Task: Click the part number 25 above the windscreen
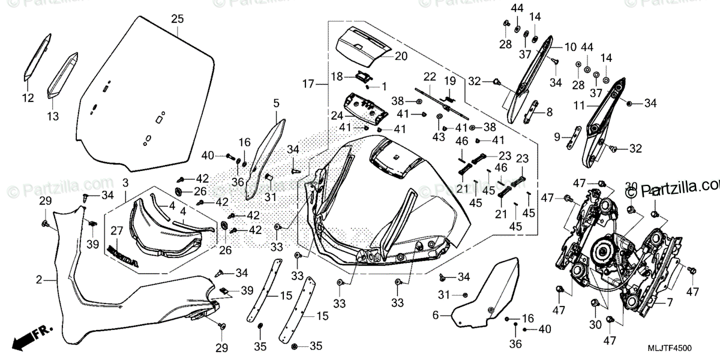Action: coord(176,19)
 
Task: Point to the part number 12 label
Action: coord(29,98)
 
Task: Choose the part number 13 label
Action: coord(53,116)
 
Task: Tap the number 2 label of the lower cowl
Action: coord(39,280)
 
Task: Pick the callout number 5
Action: coord(276,103)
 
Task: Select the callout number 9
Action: coord(557,137)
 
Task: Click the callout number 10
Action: coord(569,46)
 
